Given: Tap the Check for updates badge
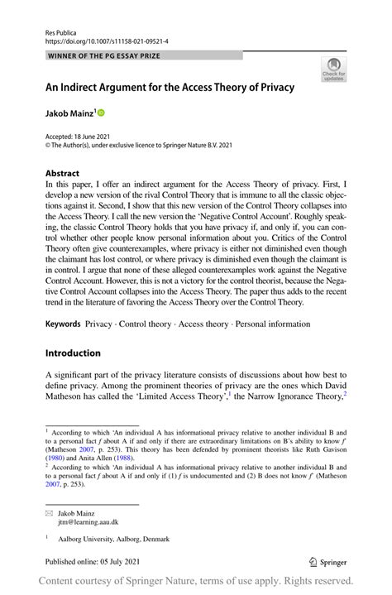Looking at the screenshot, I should tap(333, 69).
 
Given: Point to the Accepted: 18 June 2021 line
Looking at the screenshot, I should tap(81, 135).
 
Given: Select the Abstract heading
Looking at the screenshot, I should tap(63, 175).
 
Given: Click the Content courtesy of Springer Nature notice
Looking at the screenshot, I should tap(196, 579).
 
